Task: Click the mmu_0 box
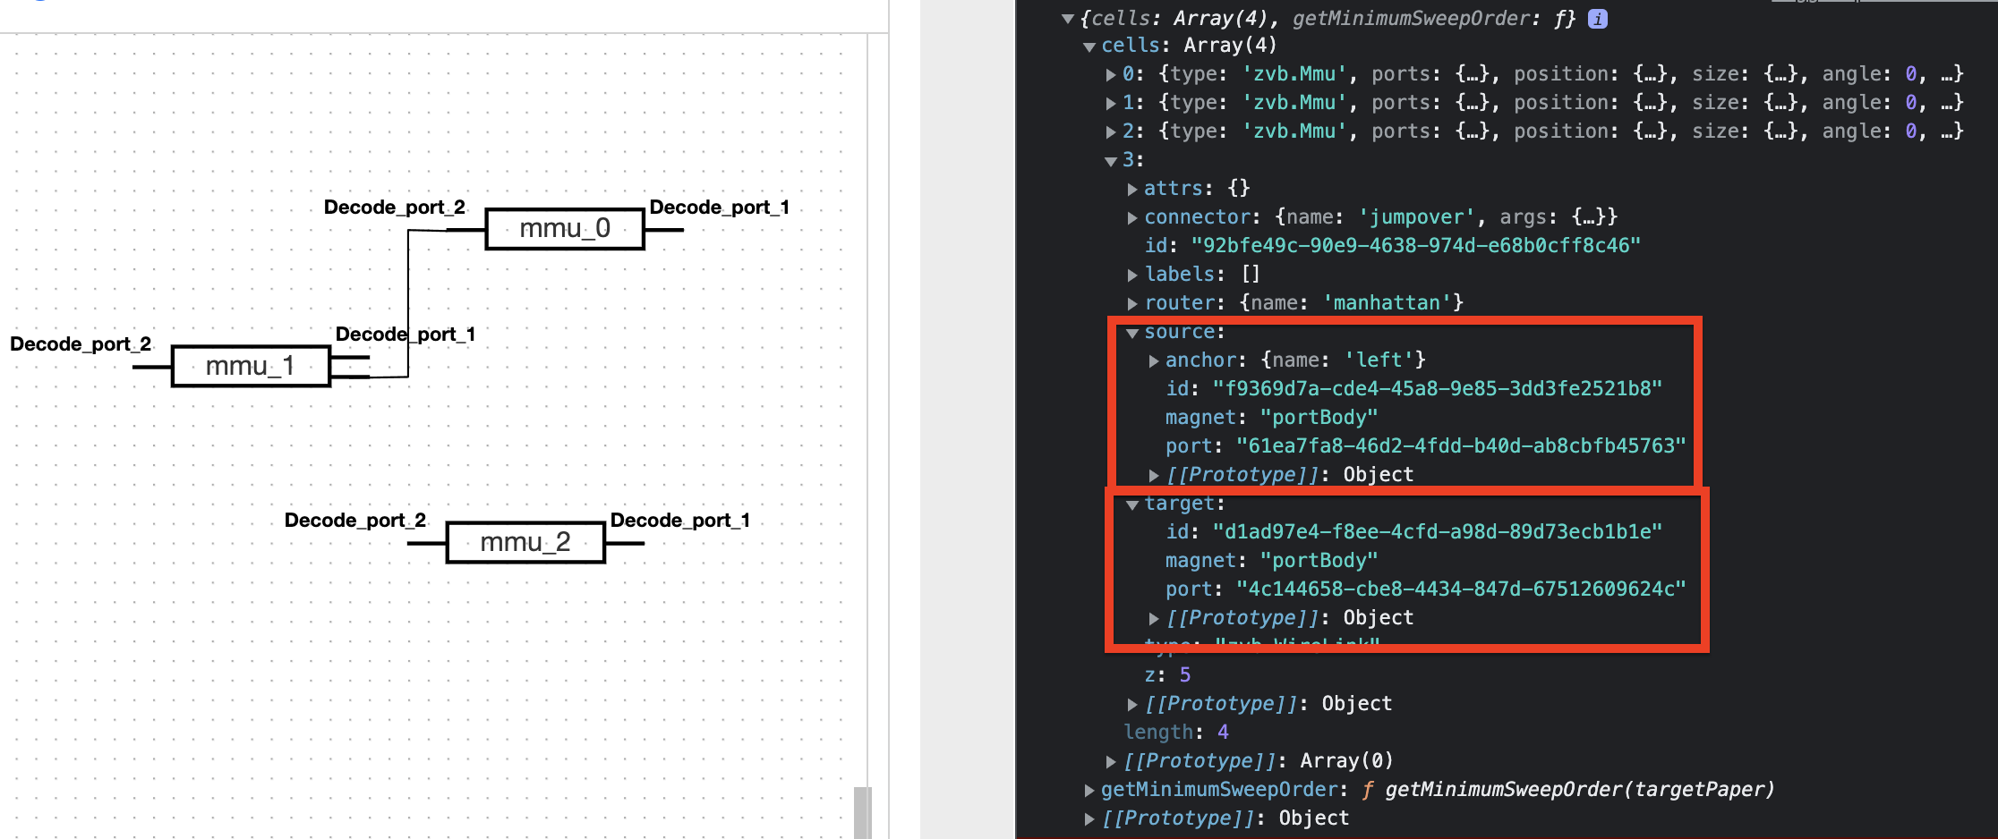point(565,229)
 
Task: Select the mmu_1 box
point(251,367)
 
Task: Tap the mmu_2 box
point(525,542)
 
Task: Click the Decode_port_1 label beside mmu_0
point(719,208)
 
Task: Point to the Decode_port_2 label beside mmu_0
point(394,208)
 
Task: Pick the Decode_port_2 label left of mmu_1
point(81,344)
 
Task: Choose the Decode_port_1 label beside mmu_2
point(679,521)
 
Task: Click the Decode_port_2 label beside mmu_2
point(354,521)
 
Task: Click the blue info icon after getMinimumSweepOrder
point(1597,19)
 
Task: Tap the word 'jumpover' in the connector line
point(1416,217)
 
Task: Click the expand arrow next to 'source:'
point(1132,333)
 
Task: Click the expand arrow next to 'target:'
point(1132,504)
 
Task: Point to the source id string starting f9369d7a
point(1437,389)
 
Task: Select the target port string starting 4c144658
point(1461,589)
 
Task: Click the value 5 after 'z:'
point(1184,675)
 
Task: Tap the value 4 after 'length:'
point(1222,733)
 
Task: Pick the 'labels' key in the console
point(1180,275)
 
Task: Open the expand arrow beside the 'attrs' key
point(1132,189)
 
